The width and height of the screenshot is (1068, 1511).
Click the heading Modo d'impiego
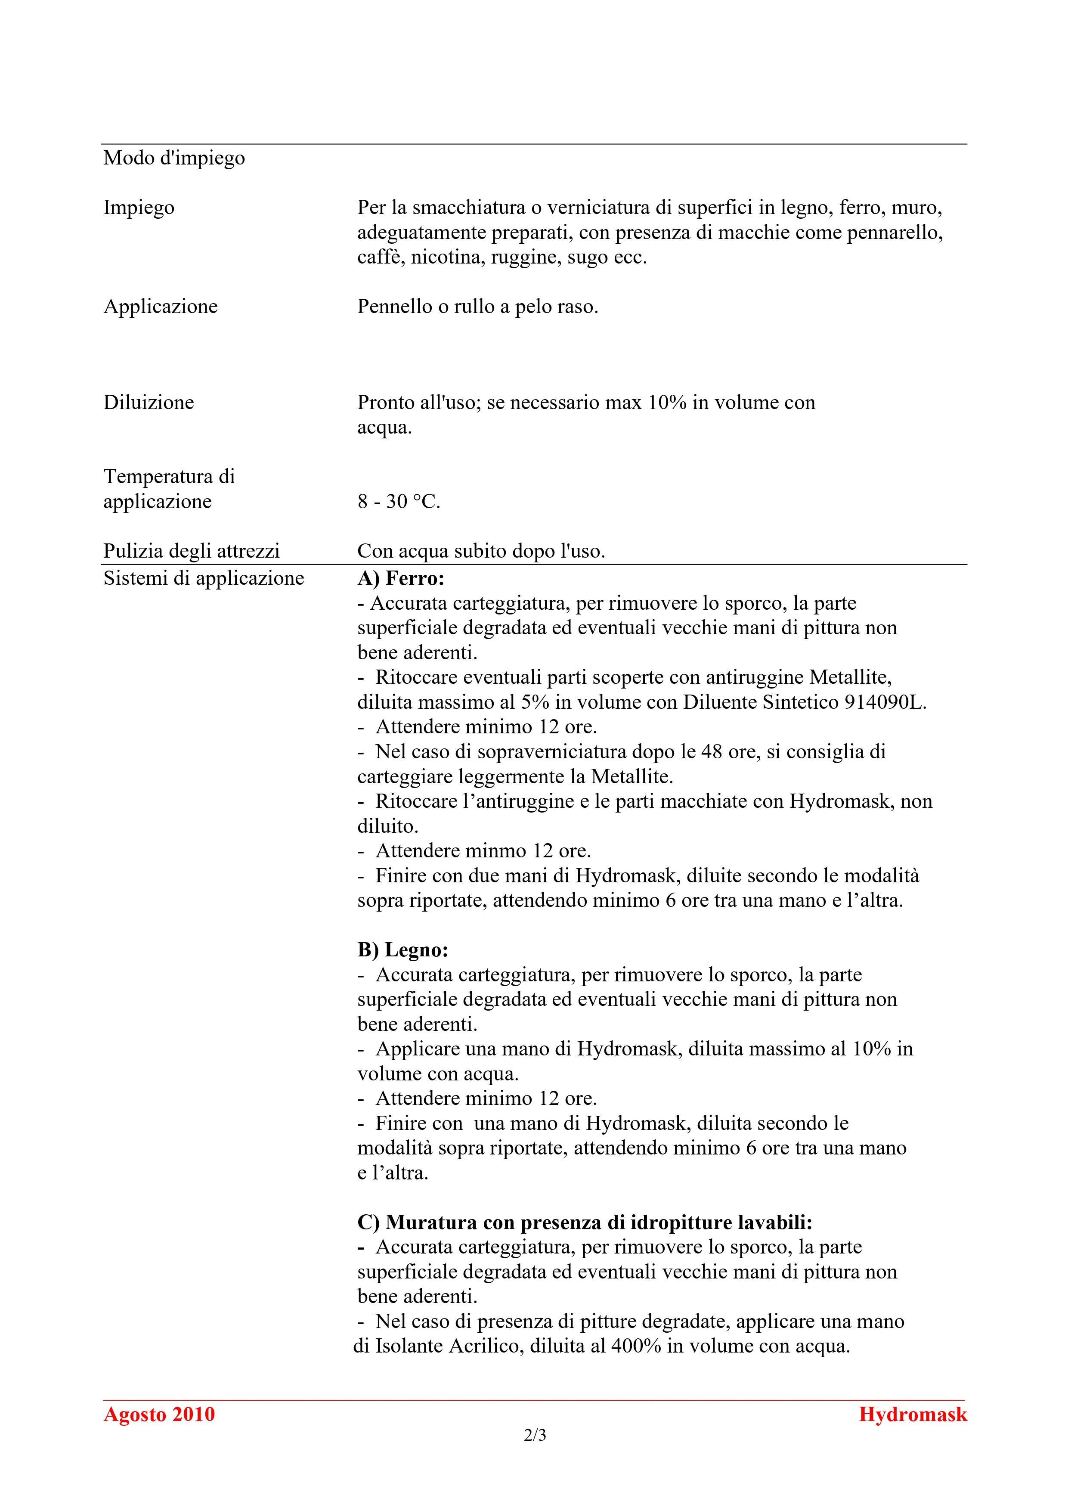point(174,158)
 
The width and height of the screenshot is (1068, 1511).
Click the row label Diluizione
point(149,402)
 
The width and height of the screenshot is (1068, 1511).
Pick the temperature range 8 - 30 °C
point(399,502)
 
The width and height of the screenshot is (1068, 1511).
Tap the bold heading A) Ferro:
point(401,578)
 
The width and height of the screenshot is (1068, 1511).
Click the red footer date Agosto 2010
point(159,1414)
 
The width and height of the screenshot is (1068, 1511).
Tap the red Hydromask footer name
point(913,1414)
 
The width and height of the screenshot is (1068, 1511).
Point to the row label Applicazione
point(161,306)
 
